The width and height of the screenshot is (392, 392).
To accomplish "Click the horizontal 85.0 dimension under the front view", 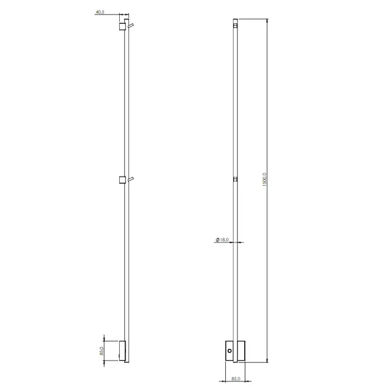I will (x=236, y=379).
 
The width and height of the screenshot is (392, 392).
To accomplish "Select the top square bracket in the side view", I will (x=122, y=27).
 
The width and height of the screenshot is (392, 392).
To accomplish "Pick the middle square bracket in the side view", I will (x=122, y=180).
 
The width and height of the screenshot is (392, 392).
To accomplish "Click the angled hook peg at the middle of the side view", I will (x=131, y=178).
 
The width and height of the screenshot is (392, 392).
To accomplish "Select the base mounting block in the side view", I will (x=122, y=351).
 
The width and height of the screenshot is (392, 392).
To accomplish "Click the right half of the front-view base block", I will (x=241, y=352).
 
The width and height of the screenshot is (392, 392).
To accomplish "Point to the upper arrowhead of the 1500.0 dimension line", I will (x=268, y=22).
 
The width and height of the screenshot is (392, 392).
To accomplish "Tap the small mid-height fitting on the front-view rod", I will (x=235, y=179).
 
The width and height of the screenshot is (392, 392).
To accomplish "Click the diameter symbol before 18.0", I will (x=217, y=241).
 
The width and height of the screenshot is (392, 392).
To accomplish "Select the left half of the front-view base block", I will (x=229, y=352).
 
